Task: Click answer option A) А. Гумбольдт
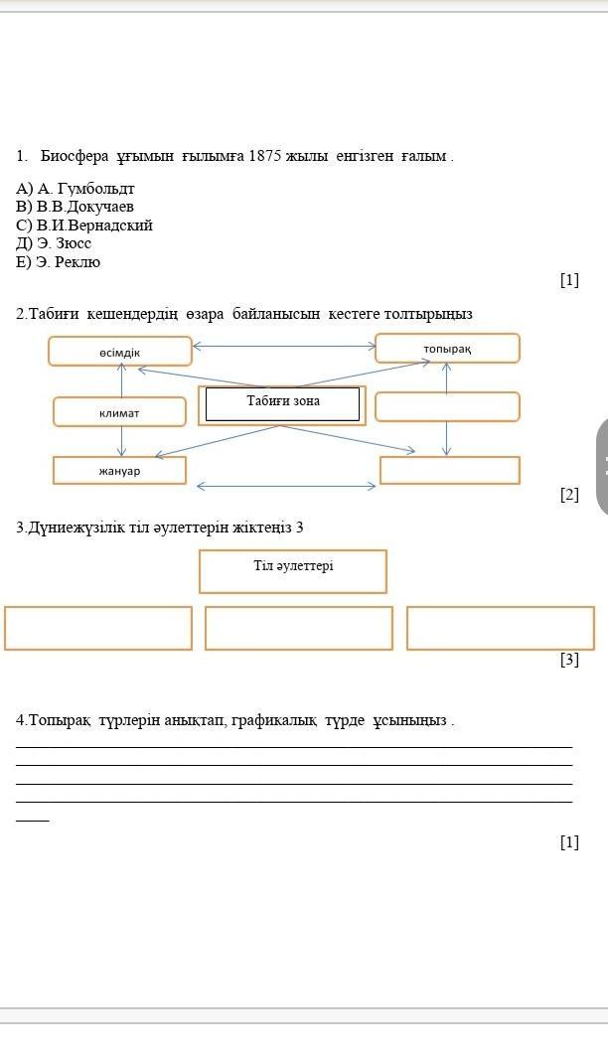coord(75,188)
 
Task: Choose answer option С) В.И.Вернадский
coord(84,226)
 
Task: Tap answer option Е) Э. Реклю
coord(58,262)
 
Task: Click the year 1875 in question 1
coord(265,156)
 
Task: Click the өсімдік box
coord(119,352)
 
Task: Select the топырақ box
coord(447,349)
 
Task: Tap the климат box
coord(119,411)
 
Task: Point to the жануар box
coord(119,470)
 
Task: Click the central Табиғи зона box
coord(282,404)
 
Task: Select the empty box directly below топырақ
coord(447,406)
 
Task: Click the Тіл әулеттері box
coord(293,571)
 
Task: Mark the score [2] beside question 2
coord(569,495)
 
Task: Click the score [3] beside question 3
coord(569,659)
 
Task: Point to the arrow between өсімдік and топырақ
coord(283,347)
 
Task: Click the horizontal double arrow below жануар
coord(286,486)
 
